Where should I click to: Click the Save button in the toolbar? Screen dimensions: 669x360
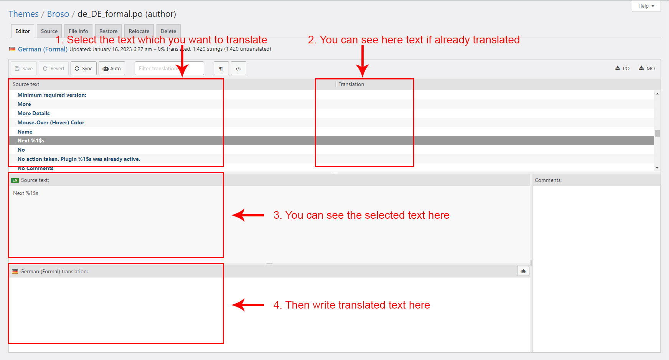(24, 68)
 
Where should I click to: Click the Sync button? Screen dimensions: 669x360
(84, 68)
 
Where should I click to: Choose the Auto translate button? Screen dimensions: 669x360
(112, 68)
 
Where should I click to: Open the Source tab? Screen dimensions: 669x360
(49, 31)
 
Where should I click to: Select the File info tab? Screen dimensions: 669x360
(78, 31)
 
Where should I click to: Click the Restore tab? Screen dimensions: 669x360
(108, 31)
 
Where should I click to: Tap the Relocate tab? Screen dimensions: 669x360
(139, 31)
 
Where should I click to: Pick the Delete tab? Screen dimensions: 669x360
(168, 31)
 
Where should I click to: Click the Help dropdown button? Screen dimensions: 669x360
(646, 6)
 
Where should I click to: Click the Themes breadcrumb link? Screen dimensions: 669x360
(23, 14)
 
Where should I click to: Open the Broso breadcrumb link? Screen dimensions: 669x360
(58, 14)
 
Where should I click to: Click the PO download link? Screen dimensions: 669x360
(622, 68)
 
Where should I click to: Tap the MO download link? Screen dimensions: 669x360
(647, 68)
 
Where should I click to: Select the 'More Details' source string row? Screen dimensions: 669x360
(33, 113)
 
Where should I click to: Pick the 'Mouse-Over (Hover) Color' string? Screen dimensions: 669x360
(51, 122)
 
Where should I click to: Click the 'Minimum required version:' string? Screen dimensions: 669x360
(52, 95)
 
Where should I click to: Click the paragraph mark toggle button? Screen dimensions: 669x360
(221, 68)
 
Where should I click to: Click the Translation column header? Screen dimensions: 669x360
(351, 84)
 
